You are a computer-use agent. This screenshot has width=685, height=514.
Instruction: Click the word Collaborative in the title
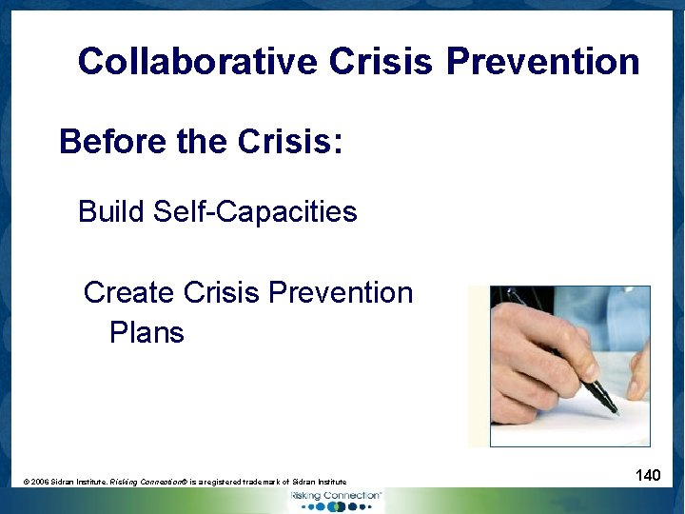coord(198,61)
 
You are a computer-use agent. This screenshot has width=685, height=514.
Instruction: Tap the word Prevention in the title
coord(542,61)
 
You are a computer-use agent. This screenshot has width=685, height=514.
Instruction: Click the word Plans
coord(147,333)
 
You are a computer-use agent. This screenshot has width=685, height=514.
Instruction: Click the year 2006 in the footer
coord(40,483)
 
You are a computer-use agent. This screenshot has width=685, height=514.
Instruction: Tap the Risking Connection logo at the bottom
coord(338,500)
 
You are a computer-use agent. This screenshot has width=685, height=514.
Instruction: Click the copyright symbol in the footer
coord(27,483)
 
